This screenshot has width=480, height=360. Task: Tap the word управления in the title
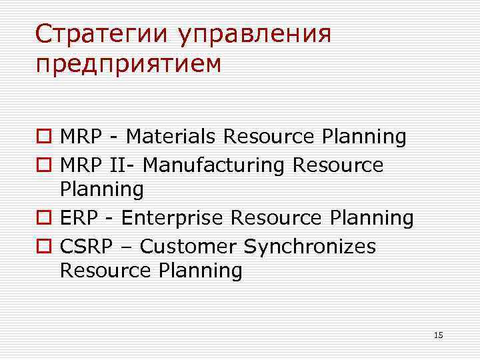pos(254,35)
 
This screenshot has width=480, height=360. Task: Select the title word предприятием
pos(128,65)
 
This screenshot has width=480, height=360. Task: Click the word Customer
pos(189,246)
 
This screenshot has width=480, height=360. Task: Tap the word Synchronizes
pos(310,247)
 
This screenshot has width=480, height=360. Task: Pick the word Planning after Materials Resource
pos(364,137)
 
